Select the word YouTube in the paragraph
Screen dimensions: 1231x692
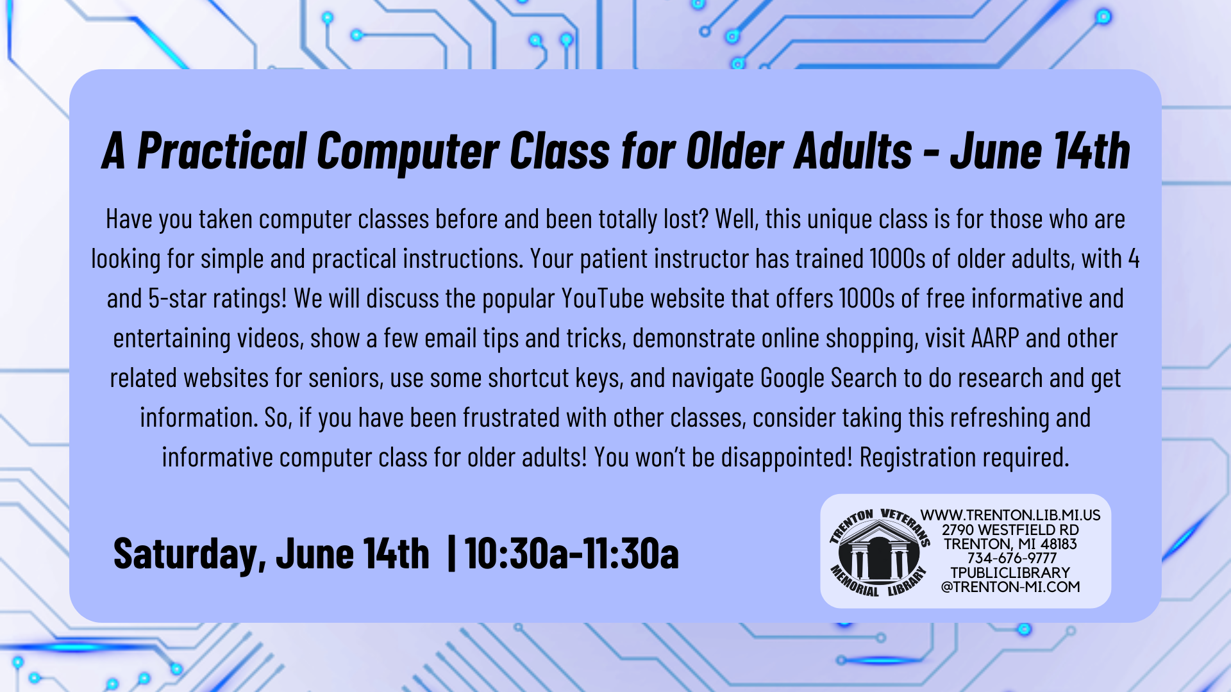pos(603,299)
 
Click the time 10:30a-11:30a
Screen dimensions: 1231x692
pos(572,554)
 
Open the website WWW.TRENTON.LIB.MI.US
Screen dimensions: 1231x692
pos(1010,515)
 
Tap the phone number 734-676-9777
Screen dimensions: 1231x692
pos(1011,558)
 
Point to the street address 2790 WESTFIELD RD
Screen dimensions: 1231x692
pos(1010,530)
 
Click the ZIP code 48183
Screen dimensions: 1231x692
pos(1059,544)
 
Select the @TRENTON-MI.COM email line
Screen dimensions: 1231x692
pos(1010,587)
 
